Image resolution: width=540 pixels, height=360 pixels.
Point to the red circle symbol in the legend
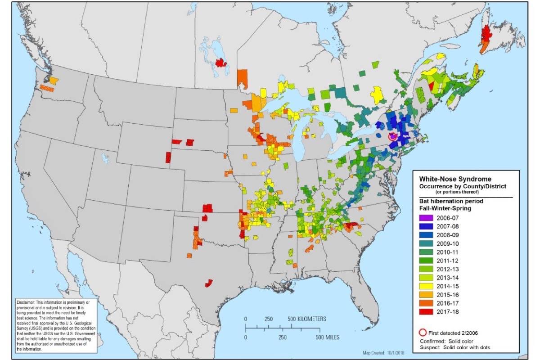[x=422, y=333]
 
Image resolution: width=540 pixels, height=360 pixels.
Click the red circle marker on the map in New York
[x=392, y=136]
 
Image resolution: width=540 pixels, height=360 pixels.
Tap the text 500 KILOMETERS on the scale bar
[x=306, y=319]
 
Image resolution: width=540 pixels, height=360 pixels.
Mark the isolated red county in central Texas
[x=208, y=283]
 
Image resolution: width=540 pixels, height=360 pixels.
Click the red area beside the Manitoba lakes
[x=220, y=63]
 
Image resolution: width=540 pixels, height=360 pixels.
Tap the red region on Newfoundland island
[x=486, y=33]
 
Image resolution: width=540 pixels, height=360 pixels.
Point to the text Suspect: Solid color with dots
[x=455, y=347]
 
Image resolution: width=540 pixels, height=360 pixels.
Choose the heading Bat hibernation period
[x=447, y=201]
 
